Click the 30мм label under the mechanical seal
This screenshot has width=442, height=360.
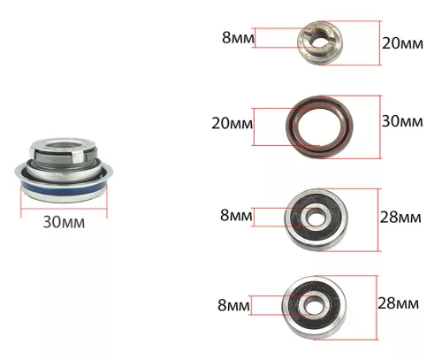64,222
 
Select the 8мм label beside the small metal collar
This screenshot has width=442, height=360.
238,38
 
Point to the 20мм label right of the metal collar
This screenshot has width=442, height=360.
402,43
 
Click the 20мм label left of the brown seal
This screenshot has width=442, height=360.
232,123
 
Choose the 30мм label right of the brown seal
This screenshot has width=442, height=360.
402,121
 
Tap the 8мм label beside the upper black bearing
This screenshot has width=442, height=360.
236,215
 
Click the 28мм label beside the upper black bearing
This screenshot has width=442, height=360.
400,218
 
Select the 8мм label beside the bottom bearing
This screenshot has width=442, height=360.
233,305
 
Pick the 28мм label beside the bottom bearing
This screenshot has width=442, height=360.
398,303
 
